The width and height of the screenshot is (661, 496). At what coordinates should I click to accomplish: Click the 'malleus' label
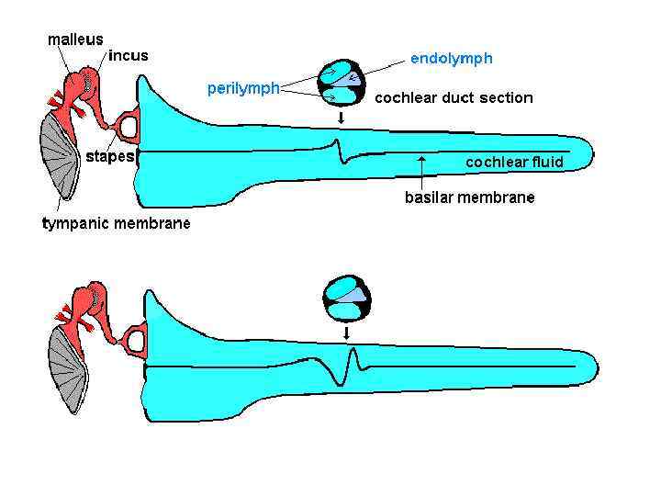tap(75, 40)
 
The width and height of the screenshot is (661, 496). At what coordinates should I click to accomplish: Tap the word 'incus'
tap(128, 55)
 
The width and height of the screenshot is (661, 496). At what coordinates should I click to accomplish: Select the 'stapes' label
tap(109, 156)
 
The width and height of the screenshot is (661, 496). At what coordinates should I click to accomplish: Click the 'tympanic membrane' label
tap(117, 223)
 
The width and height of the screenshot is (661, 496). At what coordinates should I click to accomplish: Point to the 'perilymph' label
tap(242, 88)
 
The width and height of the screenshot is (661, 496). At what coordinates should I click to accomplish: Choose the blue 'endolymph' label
tap(451, 59)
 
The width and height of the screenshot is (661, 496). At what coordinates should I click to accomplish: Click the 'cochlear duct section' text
tap(454, 97)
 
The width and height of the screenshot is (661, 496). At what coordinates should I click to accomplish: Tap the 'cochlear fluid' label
tap(514, 163)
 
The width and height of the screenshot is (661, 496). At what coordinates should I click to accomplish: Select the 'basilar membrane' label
tap(469, 197)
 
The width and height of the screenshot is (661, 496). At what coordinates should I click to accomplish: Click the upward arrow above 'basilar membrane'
tap(421, 169)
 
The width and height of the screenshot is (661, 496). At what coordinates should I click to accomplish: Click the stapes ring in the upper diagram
tap(128, 121)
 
